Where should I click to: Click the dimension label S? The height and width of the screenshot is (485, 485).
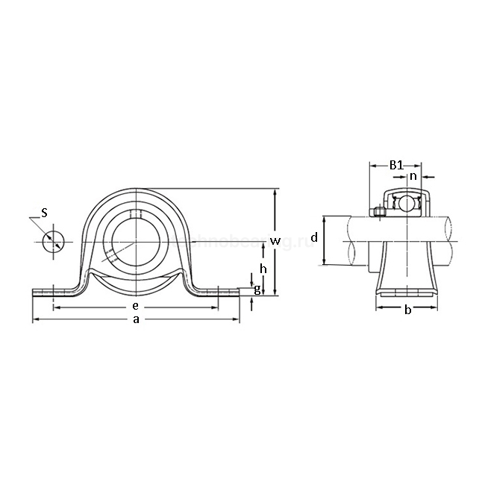[x=44, y=213]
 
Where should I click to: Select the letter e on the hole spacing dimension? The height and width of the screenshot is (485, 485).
[x=135, y=306]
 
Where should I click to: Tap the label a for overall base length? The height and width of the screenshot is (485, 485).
[x=135, y=319]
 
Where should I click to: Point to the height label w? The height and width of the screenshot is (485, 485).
[x=275, y=240]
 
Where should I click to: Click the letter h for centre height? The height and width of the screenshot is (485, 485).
[x=262, y=268]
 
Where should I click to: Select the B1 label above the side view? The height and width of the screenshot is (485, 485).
[x=397, y=164]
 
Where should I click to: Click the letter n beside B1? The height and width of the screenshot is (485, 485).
[x=413, y=176]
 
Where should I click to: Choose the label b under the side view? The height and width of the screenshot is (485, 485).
[x=407, y=310]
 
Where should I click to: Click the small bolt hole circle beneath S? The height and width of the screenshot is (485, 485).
[x=53, y=241]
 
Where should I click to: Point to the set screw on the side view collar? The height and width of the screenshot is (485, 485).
[x=378, y=211]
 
